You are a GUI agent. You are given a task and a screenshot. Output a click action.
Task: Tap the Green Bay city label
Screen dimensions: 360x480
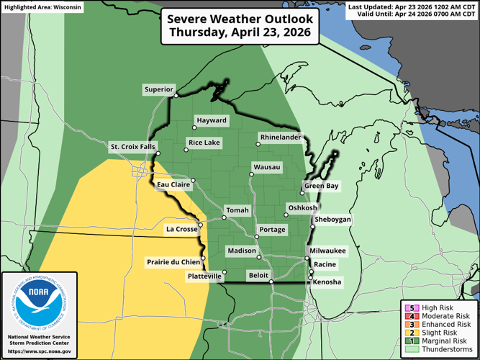(321, 186)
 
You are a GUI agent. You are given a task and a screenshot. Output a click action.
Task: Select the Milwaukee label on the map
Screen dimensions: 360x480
(330, 250)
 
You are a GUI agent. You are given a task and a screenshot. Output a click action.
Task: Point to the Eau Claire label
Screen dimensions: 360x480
(173, 185)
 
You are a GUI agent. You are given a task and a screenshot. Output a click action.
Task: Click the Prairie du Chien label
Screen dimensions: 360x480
(173, 261)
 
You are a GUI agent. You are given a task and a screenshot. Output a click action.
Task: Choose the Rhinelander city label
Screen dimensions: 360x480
(279, 137)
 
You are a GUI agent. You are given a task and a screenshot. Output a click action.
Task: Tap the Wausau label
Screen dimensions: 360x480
(266, 167)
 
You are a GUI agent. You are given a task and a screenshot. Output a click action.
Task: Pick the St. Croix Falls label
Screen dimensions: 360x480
(132, 147)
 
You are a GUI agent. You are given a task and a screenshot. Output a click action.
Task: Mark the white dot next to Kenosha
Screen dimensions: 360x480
(311, 278)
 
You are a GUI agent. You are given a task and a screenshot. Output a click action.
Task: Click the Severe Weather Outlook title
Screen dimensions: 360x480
(240, 26)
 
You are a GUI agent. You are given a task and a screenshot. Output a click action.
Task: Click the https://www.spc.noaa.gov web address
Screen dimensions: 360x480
(39, 351)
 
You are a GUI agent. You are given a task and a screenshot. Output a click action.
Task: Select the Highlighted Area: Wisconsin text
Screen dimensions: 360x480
(43, 6)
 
